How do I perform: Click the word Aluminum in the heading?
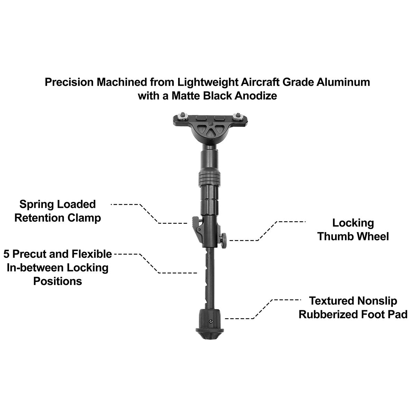(x=343, y=82)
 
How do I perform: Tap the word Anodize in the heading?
(x=256, y=95)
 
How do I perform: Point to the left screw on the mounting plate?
(x=183, y=114)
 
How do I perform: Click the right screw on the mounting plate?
(x=238, y=114)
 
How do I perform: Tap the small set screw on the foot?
(x=211, y=321)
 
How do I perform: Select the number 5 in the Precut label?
(x=7, y=254)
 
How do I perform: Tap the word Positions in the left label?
(x=57, y=282)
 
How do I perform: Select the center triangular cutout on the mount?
(x=211, y=132)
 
